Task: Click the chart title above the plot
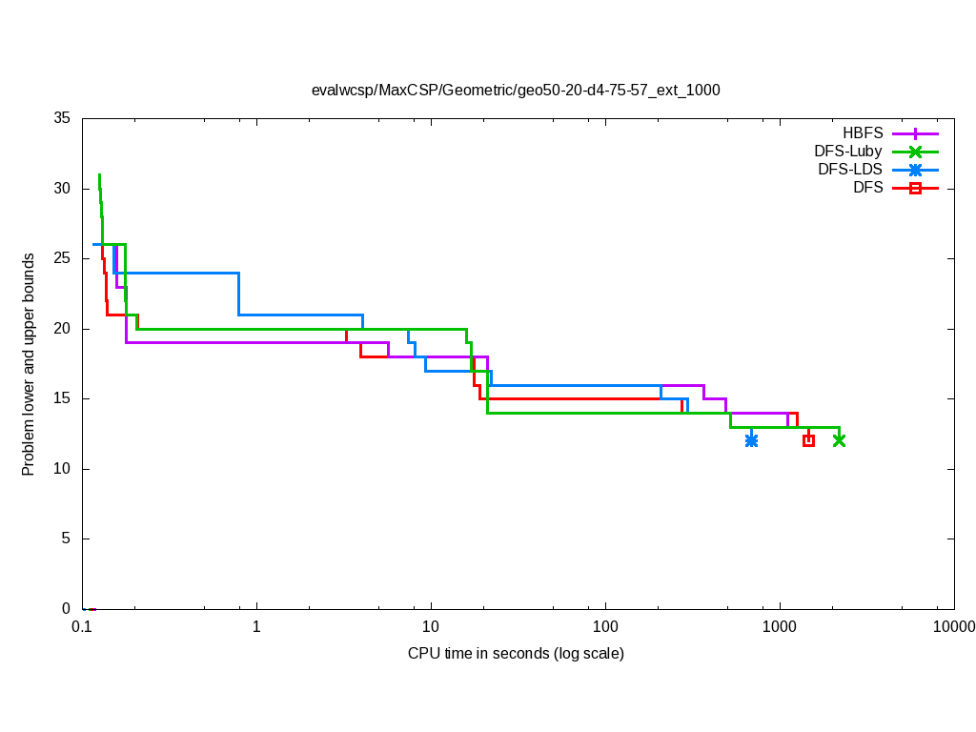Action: (x=516, y=91)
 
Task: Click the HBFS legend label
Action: (x=863, y=133)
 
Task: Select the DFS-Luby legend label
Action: (x=848, y=152)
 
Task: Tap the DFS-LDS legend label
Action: (x=850, y=170)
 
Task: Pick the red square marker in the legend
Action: (x=915, y=189)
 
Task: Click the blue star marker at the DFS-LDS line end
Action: (x=751, y=440)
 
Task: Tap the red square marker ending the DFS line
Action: (x=808, y=440)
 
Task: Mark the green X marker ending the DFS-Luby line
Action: (x=839, y=440)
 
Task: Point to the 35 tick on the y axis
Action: (x=63, y=119)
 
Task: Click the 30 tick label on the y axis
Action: (x=63, y=189)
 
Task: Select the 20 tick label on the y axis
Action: (x=63, y=329)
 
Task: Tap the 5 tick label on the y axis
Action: (x=67, y=539)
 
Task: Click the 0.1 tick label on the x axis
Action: (x=82, y=626)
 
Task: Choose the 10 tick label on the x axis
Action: (x=431, y=626)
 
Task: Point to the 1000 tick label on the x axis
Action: (x=780, y=626)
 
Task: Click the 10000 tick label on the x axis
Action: (x=953, y=626)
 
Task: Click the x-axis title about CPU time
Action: (x=516, y=654)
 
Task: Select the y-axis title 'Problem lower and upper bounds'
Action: (x=30, y=364)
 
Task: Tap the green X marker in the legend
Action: (x=915, y=152)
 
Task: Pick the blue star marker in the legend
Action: (x=915, y=170)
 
